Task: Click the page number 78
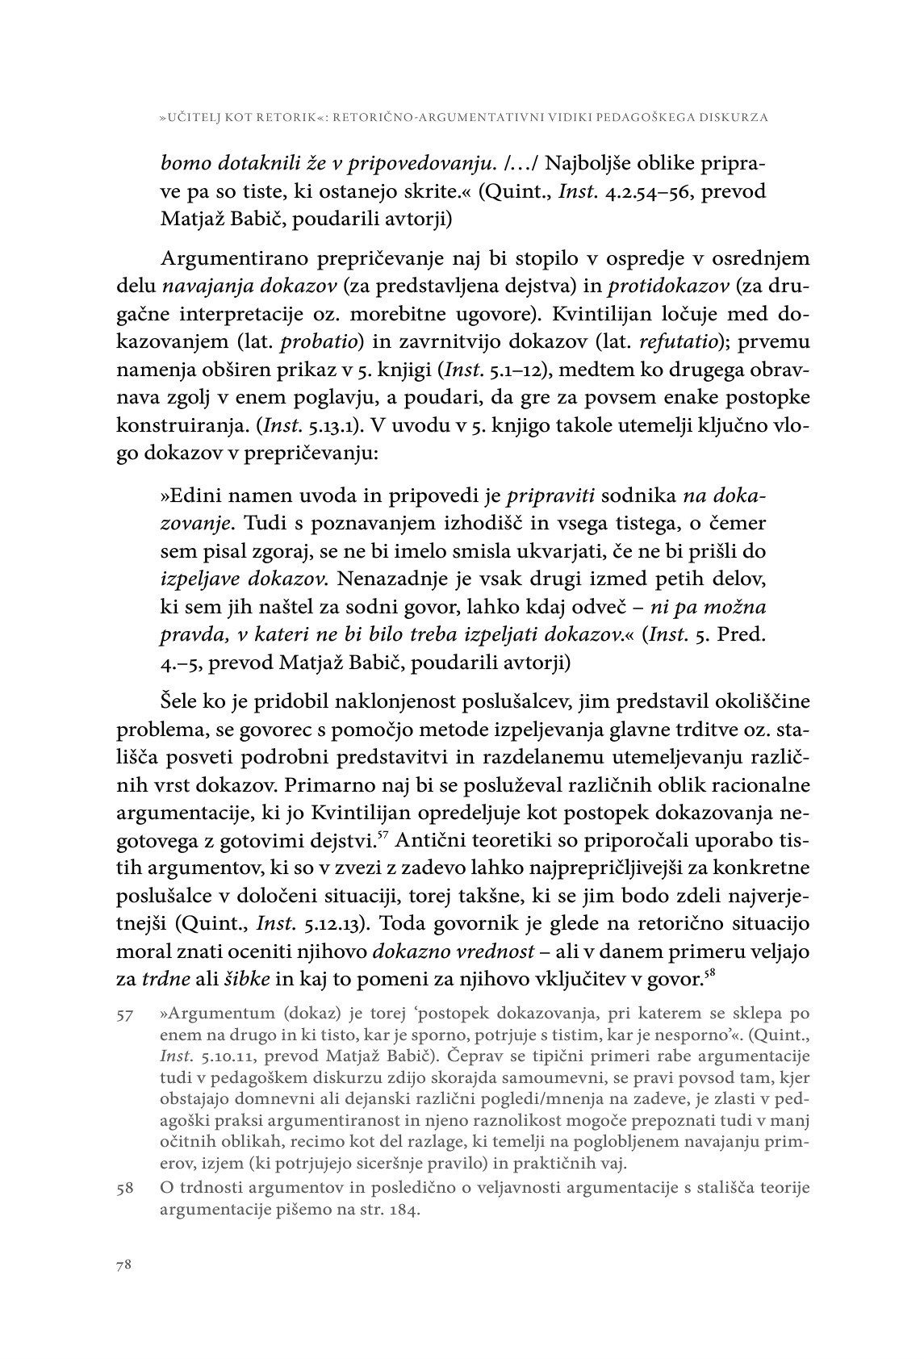[x=124, y=1265]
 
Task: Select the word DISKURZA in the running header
[x=734, y=118]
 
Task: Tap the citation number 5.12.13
[x=334, y=925]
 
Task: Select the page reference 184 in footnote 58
[x=403, y=1211]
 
